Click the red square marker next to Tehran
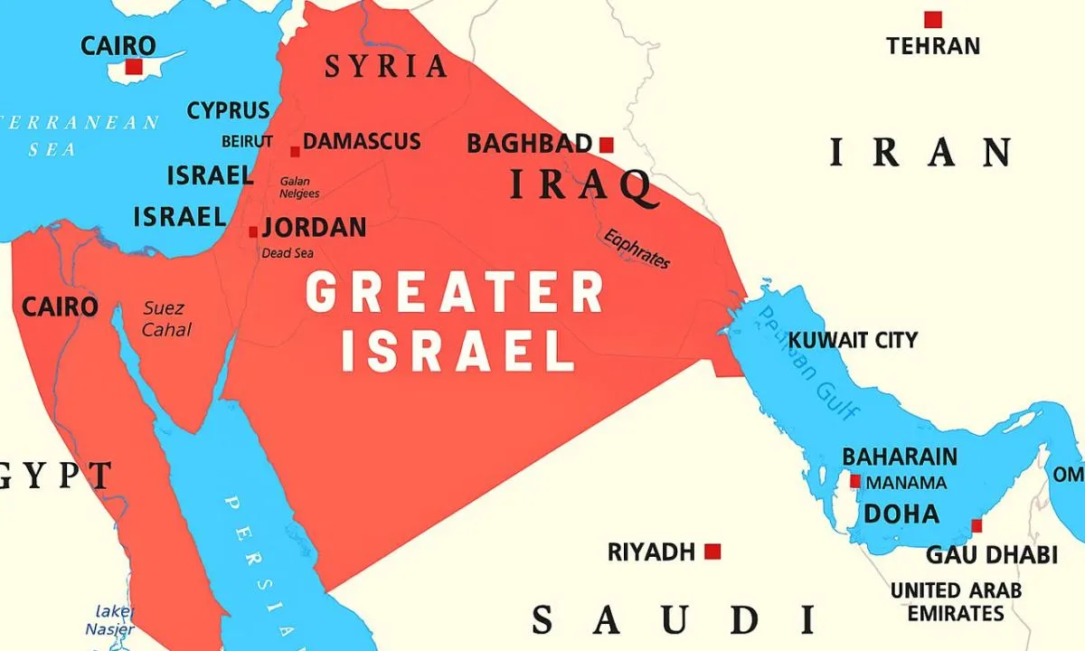tap(932, 19)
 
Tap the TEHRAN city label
tap(933, 45)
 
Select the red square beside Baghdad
tap(607, 145)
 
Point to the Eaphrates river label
tap(637, 248)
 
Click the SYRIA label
tap(386, 66)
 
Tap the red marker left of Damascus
tap(295, 152)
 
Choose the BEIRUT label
tap(247, 142)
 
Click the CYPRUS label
tap(228, 110)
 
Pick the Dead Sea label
tap(288, 253)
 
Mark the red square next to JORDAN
tap(253, 232)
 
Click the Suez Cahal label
tap(166, 319)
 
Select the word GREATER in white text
tap(455, 293)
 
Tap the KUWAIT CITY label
tap(853, 341)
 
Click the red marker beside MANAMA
tap(854, 482)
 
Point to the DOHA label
tap(901, 514)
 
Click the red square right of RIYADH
tap(712, 551)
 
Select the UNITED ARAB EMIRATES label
tap(956, 602)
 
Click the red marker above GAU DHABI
tap(976, 526)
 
